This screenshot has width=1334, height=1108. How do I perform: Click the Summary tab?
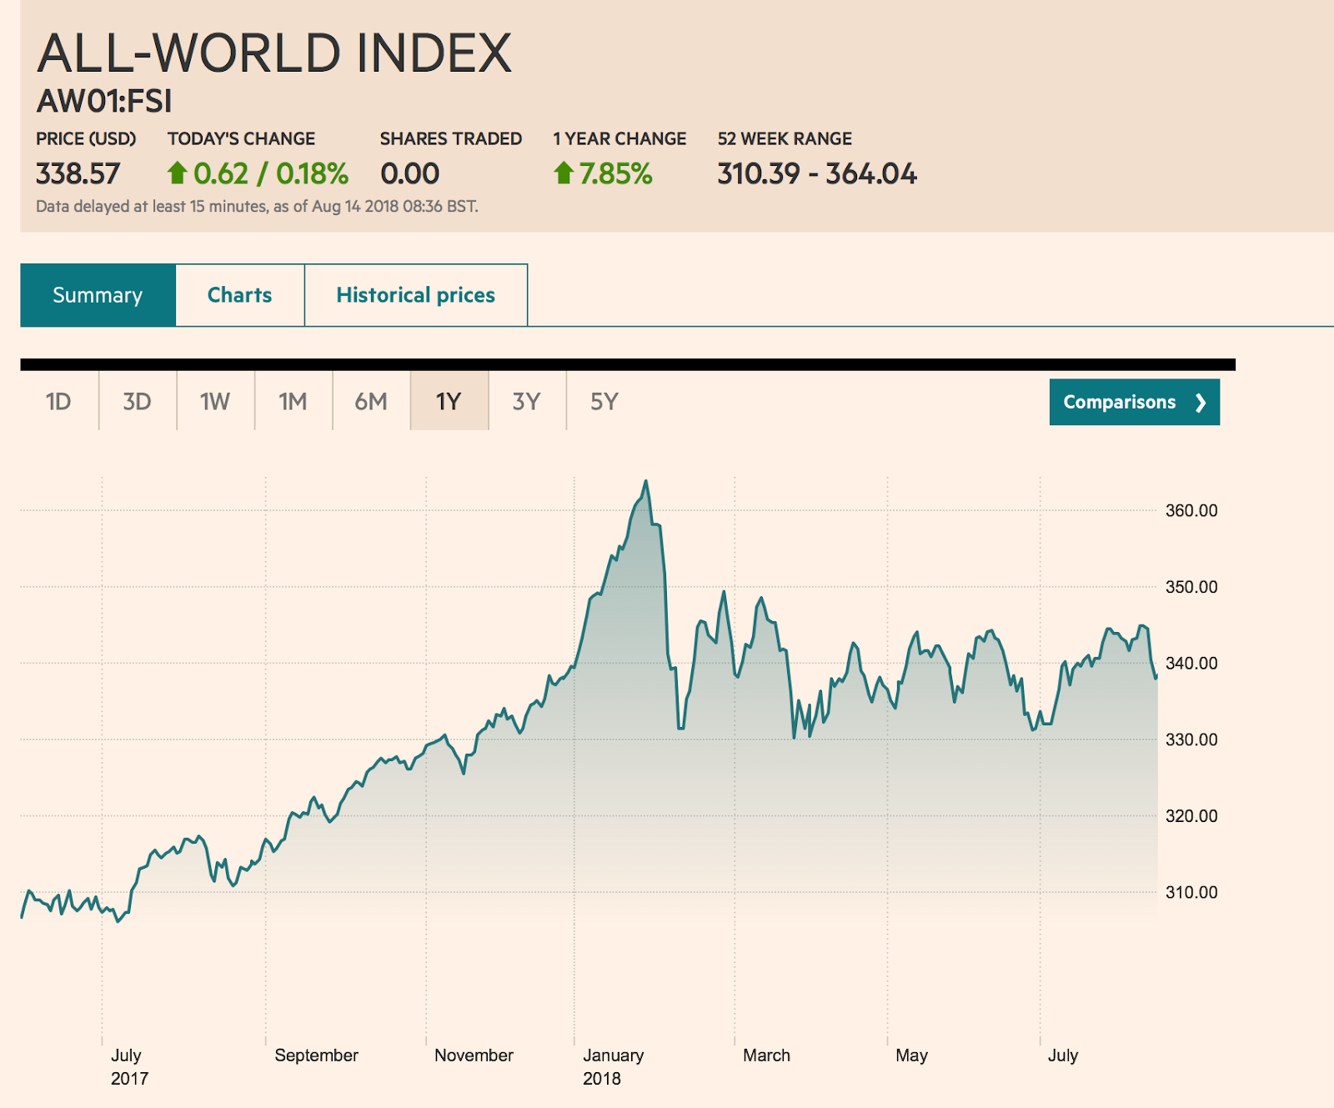98,295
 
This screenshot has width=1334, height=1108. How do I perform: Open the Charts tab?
239,295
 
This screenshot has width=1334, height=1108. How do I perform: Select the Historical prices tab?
415,295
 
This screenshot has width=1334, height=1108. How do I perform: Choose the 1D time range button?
58,402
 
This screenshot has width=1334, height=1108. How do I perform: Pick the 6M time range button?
371,402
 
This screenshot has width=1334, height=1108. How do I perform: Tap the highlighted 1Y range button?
449,402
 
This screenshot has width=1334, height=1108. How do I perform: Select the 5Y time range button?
604,402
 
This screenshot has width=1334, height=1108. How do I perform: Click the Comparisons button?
1134,402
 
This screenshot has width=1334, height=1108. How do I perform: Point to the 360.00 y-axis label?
1191,510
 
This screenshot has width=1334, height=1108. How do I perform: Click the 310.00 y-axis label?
1191,892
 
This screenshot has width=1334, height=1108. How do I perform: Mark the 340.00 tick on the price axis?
1191,664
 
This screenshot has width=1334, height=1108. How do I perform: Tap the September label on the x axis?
316,1055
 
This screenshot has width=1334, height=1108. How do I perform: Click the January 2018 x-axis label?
613,1066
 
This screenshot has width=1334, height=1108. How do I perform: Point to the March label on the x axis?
766,1055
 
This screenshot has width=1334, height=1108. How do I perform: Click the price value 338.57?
78,173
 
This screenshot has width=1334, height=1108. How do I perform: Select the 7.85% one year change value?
615,173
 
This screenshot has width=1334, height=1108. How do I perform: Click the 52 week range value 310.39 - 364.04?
816,173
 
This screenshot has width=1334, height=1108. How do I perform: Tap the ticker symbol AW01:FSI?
104,101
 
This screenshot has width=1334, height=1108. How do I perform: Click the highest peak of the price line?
645,482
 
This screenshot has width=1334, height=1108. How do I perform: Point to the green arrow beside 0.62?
177,173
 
